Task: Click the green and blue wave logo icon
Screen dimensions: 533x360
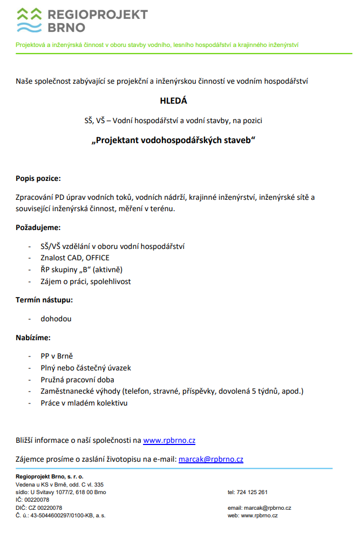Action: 29,20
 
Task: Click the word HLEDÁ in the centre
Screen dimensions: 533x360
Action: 174,100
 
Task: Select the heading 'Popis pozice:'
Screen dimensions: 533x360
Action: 38,178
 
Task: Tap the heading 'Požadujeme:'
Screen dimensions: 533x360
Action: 38,227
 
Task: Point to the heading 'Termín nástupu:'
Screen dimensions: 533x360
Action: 44,300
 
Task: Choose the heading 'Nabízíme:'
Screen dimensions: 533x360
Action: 33,338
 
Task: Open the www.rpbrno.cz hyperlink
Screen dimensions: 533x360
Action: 169,441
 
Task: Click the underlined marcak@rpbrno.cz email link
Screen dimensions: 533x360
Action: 210,460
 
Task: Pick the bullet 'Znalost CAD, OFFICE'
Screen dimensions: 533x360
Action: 74,258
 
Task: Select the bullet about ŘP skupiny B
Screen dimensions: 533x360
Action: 78,269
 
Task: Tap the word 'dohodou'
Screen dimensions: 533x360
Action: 56,319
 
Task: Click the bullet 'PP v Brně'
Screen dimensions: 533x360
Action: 56,356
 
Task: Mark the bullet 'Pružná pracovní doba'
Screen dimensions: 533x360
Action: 77,380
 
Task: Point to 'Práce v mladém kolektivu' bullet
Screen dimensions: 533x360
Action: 84,403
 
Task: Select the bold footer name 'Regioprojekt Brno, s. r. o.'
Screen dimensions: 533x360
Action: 50,477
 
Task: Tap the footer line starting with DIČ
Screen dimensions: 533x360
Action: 39,508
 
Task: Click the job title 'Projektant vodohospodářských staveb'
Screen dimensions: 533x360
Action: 173,140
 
